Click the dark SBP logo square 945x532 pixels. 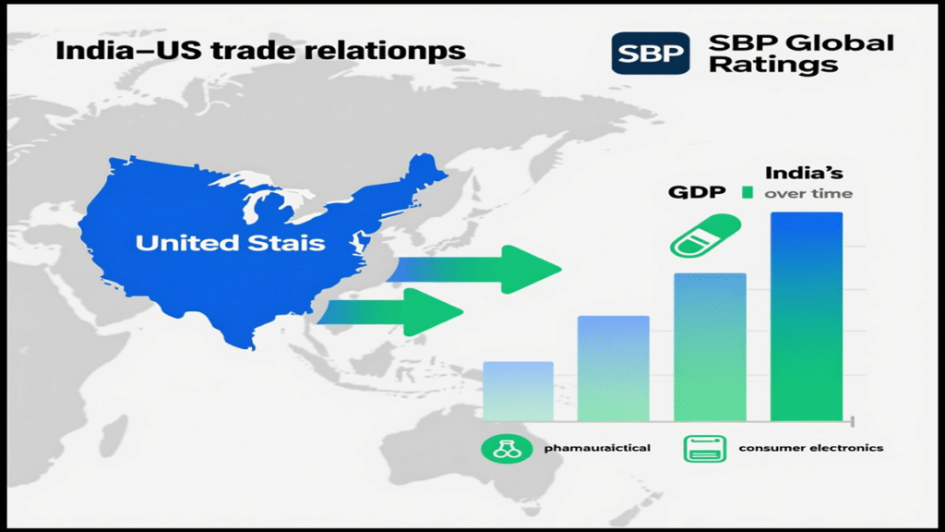651,53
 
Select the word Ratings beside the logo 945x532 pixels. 772,65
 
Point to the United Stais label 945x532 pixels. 230,243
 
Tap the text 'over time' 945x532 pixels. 808,193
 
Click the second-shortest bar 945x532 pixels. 613,368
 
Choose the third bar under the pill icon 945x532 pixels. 710,346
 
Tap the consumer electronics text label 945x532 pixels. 811,448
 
